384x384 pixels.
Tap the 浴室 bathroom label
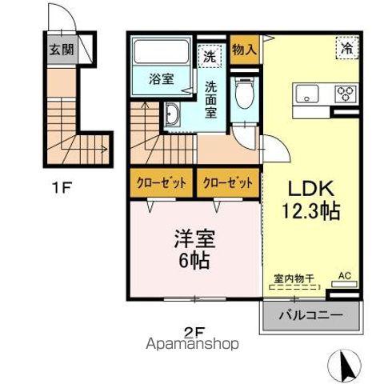click(162, 78)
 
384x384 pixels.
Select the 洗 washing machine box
click(209, 57)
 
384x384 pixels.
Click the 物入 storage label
click(244, 49)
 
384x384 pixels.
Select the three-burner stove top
click(346, 94)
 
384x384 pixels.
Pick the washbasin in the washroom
click(174, 117)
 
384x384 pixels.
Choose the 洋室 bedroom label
click(193, 238)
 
